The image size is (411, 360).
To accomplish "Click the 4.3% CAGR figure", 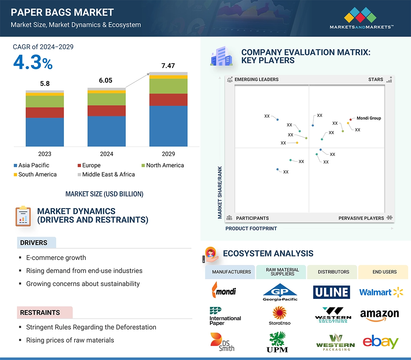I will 33,63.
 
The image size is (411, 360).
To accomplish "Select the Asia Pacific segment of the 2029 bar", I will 168,126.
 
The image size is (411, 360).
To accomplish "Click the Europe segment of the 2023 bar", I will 45,113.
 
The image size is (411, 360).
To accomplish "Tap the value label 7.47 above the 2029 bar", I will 168,66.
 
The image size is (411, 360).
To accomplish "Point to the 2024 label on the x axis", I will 106,154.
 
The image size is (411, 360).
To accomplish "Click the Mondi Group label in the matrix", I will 368,118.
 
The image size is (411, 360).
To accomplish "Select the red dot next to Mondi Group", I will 351,120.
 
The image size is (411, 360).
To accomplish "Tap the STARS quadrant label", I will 376,79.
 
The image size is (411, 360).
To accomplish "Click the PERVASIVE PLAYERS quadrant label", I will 361,218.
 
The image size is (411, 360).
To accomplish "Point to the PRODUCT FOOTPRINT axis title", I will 251,228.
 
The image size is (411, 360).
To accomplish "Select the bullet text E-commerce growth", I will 56,258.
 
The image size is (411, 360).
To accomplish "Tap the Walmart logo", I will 381,292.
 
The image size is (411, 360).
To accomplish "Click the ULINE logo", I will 331,292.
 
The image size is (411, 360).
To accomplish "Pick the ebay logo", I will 380,341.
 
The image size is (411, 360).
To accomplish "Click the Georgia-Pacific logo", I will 280,292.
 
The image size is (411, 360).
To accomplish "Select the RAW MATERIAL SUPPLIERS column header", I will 282,272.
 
